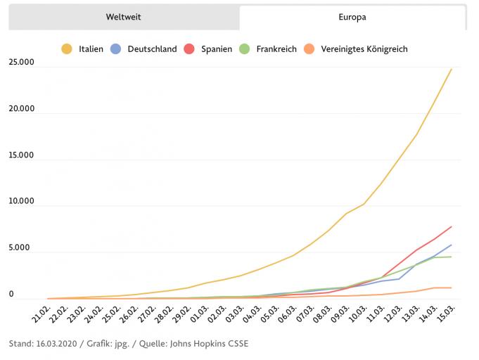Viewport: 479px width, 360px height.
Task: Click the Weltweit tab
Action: coord(124,17)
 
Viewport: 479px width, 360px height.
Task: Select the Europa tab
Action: coord(352,17)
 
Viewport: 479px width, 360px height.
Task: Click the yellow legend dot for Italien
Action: coord(67,49)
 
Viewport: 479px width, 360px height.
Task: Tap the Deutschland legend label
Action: coord(152,49)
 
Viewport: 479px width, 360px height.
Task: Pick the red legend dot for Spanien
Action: coord(189,49)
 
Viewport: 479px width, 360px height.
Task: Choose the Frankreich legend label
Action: coord(276,49)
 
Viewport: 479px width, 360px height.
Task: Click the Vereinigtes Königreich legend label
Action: coord(364,49)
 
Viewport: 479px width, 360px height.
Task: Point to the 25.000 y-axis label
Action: coord(22,63)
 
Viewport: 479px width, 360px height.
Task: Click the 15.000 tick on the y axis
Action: coord(22,155)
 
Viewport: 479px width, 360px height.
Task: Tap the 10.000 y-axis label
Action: coord(22,201)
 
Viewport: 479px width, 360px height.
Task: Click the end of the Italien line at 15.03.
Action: coord(452,69)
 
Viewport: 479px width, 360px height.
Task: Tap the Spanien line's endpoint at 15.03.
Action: coord(452,226)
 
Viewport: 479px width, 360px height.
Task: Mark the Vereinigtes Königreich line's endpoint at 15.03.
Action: coord(452,288)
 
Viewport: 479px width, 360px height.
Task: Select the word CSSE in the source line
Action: coord(236,344)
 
